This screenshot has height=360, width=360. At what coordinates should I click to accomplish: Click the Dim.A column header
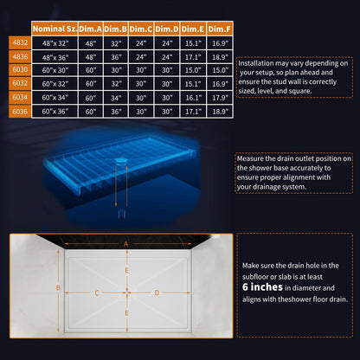91,29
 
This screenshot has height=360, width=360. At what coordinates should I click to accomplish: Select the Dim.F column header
220,29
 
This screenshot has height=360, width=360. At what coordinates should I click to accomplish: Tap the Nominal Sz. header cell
55,29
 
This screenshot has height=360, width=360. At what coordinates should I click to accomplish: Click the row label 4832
20,42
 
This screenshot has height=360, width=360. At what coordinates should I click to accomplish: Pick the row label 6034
20,98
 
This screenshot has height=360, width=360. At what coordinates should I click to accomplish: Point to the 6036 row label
20,112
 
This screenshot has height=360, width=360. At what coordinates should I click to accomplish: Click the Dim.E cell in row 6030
193,70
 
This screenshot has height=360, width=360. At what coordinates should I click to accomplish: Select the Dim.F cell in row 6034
220,98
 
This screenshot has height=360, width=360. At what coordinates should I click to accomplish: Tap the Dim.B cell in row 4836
116,57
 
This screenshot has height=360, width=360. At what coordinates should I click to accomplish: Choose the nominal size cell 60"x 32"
55,84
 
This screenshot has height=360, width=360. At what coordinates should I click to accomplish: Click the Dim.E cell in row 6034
193,98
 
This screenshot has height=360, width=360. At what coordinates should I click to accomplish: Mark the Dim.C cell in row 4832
141,43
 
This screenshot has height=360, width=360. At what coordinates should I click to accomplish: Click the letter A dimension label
125,244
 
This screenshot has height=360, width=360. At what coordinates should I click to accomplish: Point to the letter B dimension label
58,287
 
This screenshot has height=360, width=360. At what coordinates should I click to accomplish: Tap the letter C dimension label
97,293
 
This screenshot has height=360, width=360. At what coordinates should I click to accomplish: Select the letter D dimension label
157,293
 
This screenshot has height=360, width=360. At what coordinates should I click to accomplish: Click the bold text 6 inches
262,287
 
